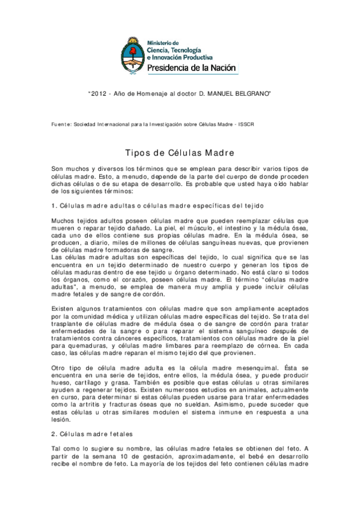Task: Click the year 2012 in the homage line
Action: (x=99, y=94)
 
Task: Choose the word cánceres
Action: (x=128, y=338)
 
